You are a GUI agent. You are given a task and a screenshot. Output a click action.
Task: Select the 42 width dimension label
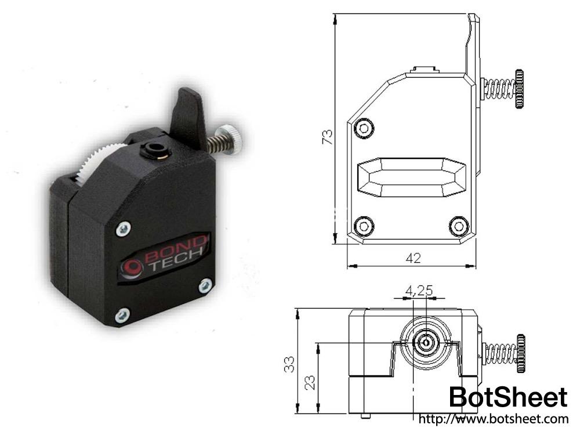pyautogui.click(x=412, y=259)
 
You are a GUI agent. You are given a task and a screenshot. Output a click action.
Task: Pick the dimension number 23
pyautogui.click(x=310, y=381)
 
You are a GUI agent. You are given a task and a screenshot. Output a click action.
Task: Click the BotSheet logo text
pyautogui.click(x=508, y=398)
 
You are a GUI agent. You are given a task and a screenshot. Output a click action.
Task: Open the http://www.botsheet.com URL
pyautogui.click(x=492, y=418)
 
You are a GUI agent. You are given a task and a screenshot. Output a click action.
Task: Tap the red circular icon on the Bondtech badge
pyautogui.click(x=133, y=267)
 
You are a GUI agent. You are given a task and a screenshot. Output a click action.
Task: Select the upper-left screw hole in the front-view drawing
pyautogui.click(x=364, y=128)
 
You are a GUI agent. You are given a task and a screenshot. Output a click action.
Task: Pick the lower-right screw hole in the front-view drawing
pyautogui.click(x=459, y=225)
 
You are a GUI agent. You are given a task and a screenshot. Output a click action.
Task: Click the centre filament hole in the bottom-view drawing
pyautogui.click(x=426, y=343)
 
